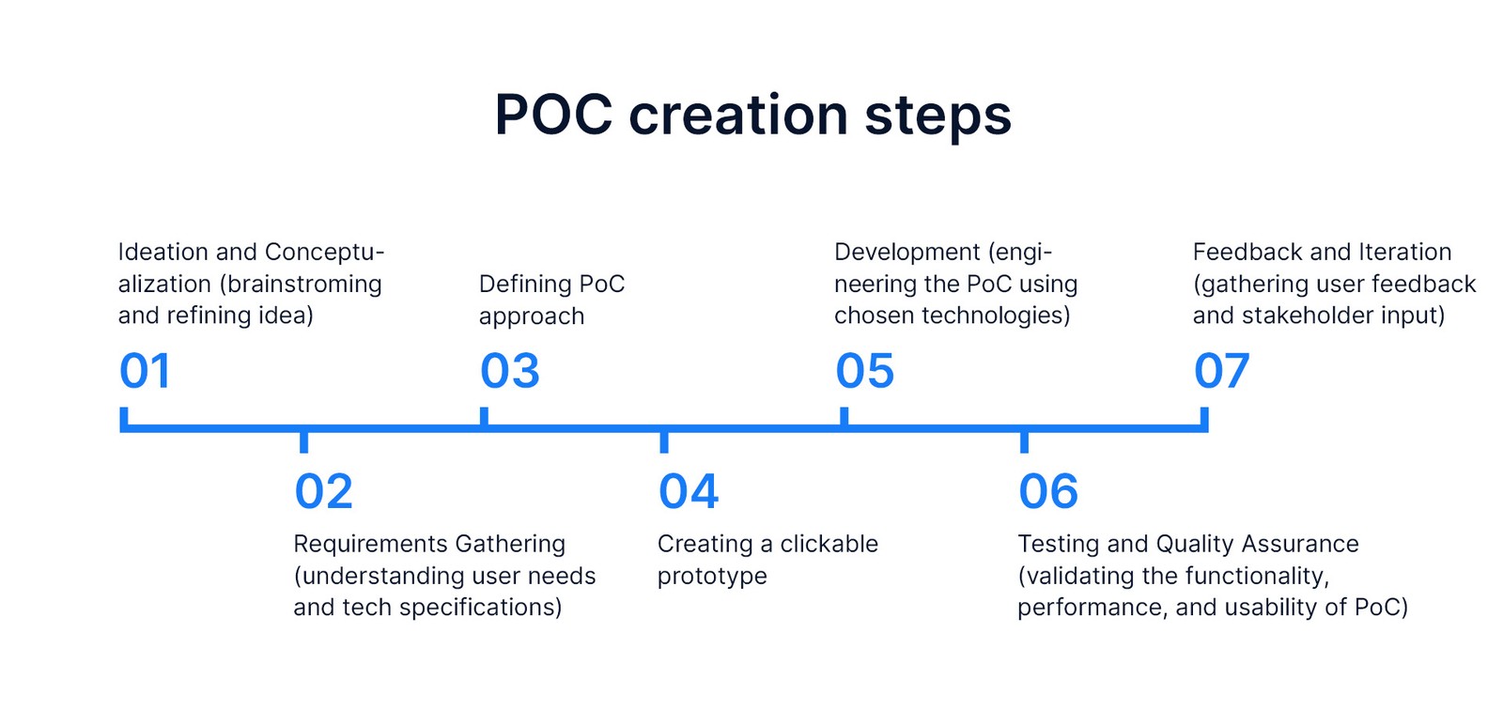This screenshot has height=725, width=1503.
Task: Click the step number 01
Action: coord(145,371)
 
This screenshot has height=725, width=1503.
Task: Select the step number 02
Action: coord(323,491)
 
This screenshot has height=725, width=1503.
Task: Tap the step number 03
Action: coord(510,371)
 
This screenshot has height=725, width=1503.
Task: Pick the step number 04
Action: coord(689,491)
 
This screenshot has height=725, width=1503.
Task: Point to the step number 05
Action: coord(865,371)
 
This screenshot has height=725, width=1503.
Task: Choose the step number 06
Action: coord(1048,491)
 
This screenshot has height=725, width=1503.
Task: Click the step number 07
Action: coord(1222,371)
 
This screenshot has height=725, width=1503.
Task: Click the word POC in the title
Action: coord(553,115)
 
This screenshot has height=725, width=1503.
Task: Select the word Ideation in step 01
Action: coord(163,252)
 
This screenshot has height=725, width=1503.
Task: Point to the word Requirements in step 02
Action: coord(370,544)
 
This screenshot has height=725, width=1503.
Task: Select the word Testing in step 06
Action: coord(1058,545)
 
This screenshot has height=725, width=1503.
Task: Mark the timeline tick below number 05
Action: coord(844,416)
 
